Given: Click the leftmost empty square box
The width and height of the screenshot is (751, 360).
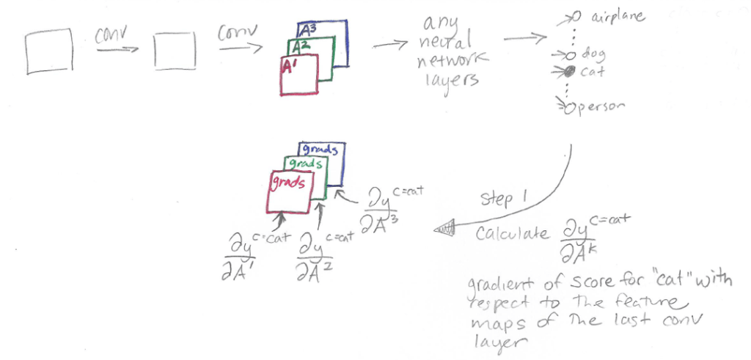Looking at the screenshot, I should pyautogui.click(x=48, y=51).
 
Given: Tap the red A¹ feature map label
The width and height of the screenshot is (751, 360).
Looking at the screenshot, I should pyautogui.click(x=288, y=66).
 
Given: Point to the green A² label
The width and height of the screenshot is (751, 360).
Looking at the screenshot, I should pyautogui.click(x=297, y=48).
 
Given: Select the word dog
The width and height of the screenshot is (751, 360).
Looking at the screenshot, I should pyautogui.click(x=592, y=54).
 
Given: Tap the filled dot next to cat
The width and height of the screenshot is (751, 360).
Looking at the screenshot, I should pyautogui.click(x=569, y=71).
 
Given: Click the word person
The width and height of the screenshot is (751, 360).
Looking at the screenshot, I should pyautogui.click(x=604, y=107).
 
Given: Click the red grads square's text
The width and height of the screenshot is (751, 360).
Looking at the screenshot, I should pyautogui.click(x=287, y=180).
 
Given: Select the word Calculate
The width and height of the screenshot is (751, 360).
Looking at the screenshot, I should pyautogui.click(x=511, y=235).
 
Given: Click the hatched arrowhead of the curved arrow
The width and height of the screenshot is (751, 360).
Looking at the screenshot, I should pyautogui.click(x=445, y=229).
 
